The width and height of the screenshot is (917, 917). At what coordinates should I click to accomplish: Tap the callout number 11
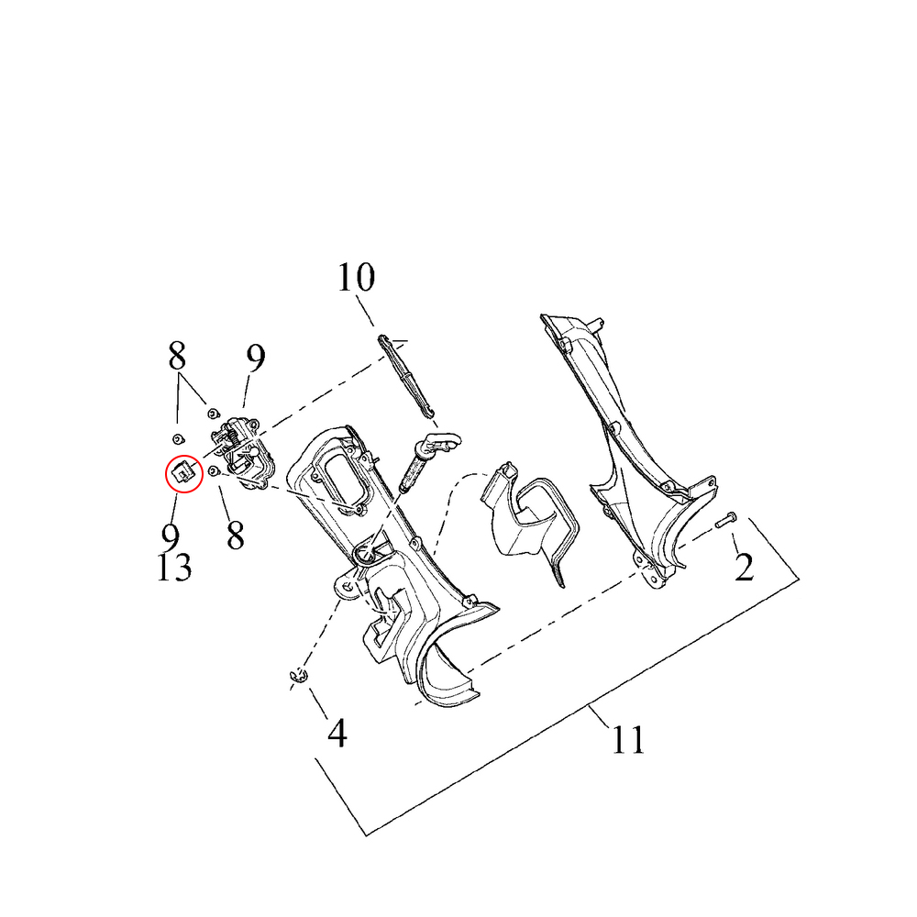click(628, 740)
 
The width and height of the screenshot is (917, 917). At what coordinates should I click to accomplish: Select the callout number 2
click(744, 566)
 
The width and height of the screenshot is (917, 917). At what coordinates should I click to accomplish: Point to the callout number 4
click(337, 733)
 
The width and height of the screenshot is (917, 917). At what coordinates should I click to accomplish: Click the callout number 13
click(174, 568)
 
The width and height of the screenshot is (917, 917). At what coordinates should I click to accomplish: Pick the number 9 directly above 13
click(171, 536)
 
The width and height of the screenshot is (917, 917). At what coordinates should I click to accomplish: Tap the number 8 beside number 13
click(235, 536)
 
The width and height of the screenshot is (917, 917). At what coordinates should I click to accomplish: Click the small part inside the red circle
click(183, 472)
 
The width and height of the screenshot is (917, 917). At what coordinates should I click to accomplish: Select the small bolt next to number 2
click(726, 520)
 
